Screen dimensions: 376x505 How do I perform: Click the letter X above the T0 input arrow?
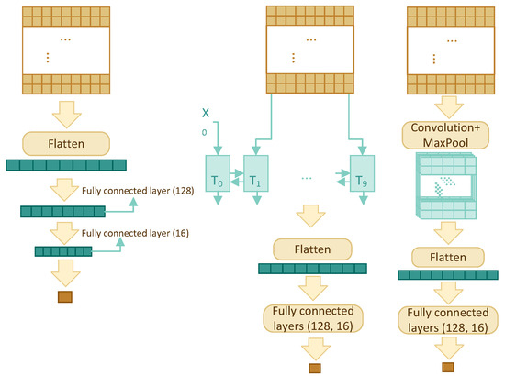(x=208, y=113)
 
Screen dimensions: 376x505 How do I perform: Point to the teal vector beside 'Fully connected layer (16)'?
(x=62, y=250)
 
